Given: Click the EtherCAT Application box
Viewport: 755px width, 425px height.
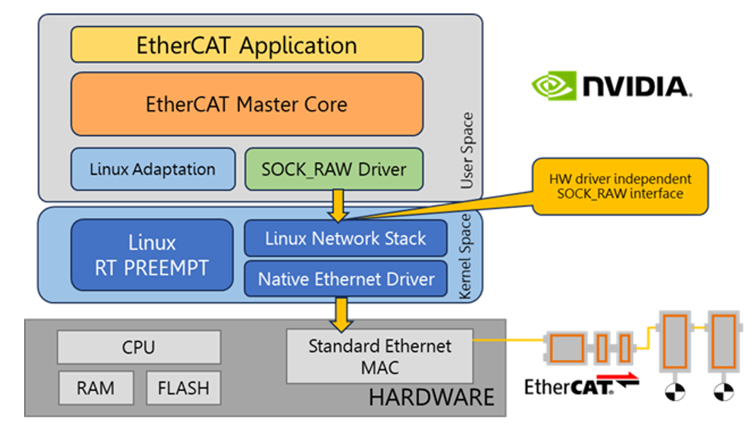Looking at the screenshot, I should (x=247, y=45).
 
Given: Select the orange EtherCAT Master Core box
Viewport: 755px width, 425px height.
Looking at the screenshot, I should (x=247, y=104).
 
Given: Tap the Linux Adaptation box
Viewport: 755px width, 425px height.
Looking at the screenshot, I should (x=152, y=170).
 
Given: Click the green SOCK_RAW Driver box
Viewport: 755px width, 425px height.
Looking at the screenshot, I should (x=333, y=170).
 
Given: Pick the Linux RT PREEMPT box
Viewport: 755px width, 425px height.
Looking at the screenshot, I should (x=152, y=255).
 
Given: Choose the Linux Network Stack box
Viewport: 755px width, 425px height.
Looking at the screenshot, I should (x=345, y=238).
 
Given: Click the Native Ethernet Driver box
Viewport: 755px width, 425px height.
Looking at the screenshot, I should (x=345, y=279).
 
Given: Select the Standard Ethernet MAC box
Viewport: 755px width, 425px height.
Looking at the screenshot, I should (x=379, y=356).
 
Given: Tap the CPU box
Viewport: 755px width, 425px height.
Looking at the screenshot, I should (x=138, y=348).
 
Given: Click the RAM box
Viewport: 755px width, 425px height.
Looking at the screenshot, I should (x=96, y=388).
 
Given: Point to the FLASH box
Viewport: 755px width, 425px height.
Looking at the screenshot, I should (x=183, y=388).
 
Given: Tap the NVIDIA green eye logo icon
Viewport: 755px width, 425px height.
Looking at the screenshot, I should (x=554, y=86).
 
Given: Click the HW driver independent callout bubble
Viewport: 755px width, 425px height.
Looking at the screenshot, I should (x=620, y=187).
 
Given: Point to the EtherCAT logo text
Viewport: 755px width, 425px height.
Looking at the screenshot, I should (x=569, y=387).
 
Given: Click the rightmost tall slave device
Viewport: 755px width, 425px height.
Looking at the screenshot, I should (x=723, y=341).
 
